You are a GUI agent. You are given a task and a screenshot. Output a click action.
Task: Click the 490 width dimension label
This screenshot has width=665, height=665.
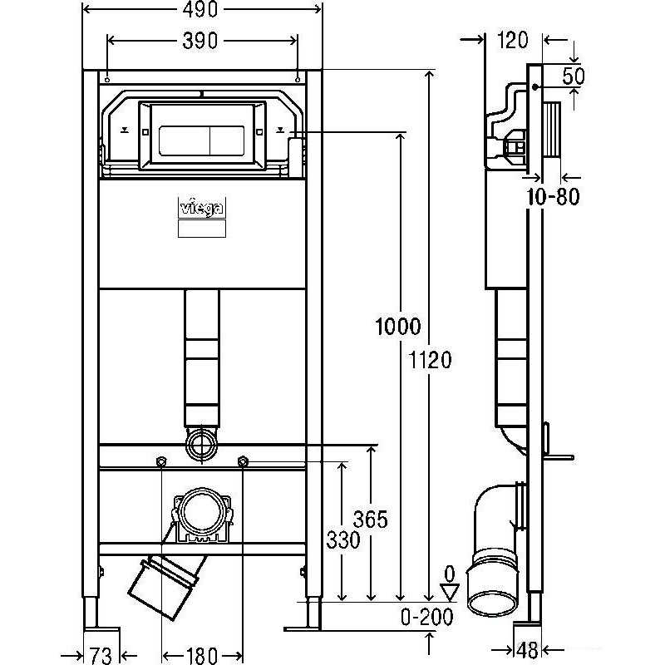tap(199, 9)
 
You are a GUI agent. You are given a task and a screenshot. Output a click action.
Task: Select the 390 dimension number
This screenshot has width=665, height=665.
tap(199, 41)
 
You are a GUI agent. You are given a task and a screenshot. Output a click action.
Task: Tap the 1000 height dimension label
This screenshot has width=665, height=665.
tap(398, 327)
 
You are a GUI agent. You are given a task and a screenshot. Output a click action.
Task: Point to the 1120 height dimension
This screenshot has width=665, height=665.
tap(430, 360)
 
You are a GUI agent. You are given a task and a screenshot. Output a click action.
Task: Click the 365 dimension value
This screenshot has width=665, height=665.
tap(370, 520)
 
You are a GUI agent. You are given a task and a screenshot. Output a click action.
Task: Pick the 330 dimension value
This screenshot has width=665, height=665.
tap(343, 539)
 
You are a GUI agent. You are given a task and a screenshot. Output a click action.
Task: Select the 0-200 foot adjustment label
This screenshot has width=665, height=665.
tap(427, 617)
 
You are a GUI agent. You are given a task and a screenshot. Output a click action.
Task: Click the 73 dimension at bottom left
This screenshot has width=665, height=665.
tap(101, 654)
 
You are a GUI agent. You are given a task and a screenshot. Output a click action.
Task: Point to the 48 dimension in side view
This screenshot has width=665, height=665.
tap(528, 650)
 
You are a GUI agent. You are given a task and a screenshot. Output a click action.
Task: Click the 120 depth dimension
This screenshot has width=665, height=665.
tap(512, 40)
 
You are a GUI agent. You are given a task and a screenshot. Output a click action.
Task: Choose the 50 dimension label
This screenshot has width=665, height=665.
tap(574, 76)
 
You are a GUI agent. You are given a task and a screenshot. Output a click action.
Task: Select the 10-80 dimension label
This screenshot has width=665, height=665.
tap(553, 197)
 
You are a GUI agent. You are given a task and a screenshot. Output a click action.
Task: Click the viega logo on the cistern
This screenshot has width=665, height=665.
tap(202, 209)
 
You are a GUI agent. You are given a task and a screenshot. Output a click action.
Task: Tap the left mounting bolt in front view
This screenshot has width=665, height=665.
tap(161, 461)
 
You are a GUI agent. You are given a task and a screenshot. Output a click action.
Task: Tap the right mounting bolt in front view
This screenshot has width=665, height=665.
tap(243, 461)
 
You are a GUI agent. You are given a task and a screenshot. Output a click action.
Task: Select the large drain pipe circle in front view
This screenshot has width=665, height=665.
tap(202, 512)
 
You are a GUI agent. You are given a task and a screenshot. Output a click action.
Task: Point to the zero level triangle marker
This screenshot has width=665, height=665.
tap(450, 593)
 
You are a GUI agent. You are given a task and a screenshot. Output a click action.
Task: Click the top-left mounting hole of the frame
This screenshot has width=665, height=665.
tap(107, 80)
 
